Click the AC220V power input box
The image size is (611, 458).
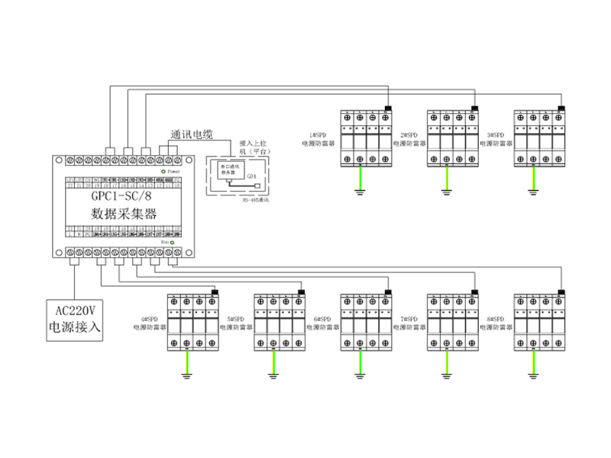(x=74, y=319)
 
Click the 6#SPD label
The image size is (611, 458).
(x=321, y=318)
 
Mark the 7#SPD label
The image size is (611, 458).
(x=408, y=318)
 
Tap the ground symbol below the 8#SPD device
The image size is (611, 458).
(x=533, y=375)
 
